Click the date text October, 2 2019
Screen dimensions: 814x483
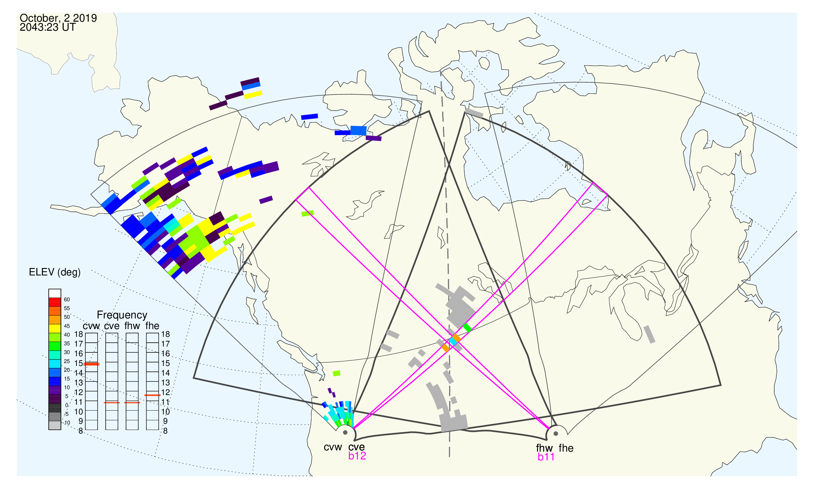pyautogui.click(x=58, y=18)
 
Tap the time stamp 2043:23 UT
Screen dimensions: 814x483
pyautogui.click(x=48, y=27)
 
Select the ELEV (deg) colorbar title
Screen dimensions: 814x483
pyautogui.click(x=55, y=272)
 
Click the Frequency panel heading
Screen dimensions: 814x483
pyautogui.click(x=122, y=315)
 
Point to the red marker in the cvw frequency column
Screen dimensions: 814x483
pyautogui.click(x=91, y=364)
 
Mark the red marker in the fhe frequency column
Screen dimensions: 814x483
pyautogui.click(x=153, y=395)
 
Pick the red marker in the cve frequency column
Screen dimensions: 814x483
pyautogui.click(x=112, y=403)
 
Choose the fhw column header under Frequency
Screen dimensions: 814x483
pyautogui.click(x=132, y=326)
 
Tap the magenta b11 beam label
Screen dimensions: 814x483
pyautogui.click(x=546, y=457)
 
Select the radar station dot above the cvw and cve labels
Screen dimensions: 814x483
pyautogui.click(x=345, y=433)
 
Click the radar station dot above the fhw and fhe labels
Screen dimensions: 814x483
pyautogui.click(x=556, y=434)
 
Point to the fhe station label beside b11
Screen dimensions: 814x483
pyautogui.click(x=566, y=448)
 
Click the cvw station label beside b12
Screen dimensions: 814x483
pyautogui.click(x=333, y=447)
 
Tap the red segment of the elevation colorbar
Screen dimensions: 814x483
pyautogui.click(x=55, y=302)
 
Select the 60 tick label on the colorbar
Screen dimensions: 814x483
pyautogui.click(x=67, y=299)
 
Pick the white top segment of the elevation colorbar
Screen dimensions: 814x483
pyautogui.click(x=55, y=293)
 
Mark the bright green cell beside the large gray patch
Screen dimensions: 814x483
pyautogui.click(x=467, y=327)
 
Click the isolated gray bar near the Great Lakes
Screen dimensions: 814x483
pyautogui.click(x=650, y=334)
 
